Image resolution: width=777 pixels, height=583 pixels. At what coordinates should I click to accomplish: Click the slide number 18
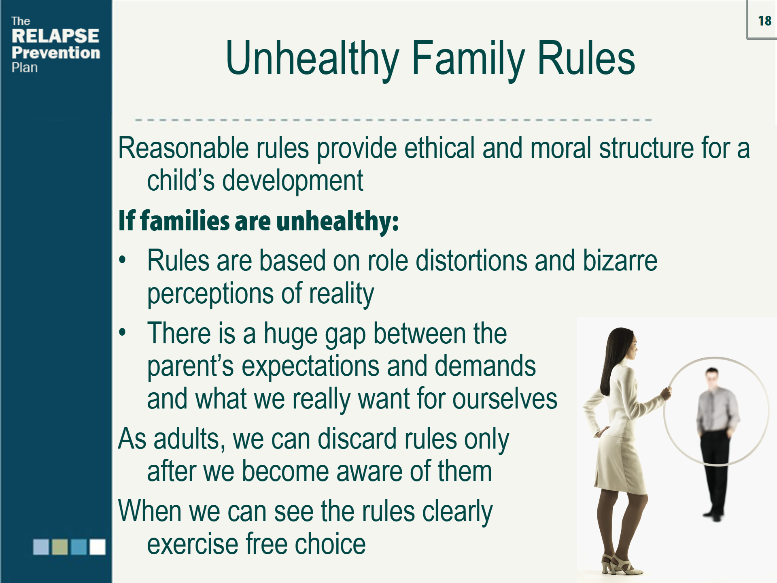pos(764,21)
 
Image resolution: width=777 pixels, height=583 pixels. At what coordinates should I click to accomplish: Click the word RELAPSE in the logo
pos(55,36)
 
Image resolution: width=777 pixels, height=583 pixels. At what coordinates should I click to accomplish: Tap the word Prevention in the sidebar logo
pos(56,53)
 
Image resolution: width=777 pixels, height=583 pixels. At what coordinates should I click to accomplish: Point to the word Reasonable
pos(183,148)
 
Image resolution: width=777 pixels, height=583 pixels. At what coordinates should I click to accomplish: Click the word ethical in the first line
pos(439,148)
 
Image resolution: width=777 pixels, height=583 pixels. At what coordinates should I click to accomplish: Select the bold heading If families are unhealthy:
pos(258,221)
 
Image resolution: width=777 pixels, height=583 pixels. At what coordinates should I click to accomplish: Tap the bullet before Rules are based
pos(123,260)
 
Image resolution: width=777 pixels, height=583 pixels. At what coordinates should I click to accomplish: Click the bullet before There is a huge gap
pos(123,332)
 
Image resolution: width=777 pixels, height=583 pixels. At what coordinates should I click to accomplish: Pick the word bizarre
pos(620,261)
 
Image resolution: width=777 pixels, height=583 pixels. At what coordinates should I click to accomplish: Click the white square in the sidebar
pos(98,547)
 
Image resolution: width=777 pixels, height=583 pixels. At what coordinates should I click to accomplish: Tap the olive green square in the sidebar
pos(60,547)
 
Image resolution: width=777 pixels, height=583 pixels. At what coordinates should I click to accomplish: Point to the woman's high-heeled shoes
pos(619,565)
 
